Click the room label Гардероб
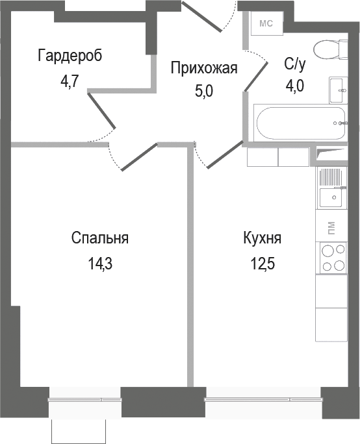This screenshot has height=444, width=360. (x=70, y=55)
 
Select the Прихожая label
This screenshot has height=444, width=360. (x=204, y=67)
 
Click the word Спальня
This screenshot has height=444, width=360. (x=99, y=238)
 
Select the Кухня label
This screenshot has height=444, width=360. (x=262, y=238)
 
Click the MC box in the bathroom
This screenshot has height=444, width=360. (x=266, y=25)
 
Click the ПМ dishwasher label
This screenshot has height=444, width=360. (x=332, y=227)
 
